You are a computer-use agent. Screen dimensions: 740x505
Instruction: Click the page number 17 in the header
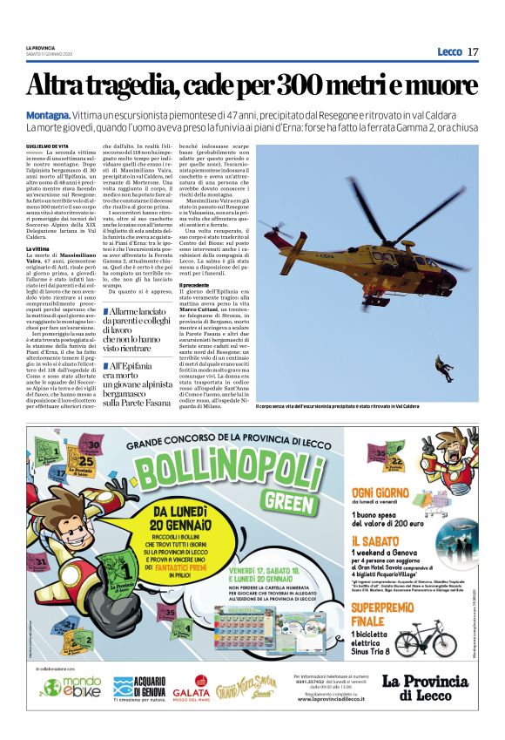(473, 52)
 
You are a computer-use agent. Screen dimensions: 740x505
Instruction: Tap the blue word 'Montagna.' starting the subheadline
(47, 115)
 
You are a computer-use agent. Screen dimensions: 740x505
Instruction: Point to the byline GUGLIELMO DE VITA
(47, 146)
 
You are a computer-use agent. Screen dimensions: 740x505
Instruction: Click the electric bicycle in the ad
(425, 637)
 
